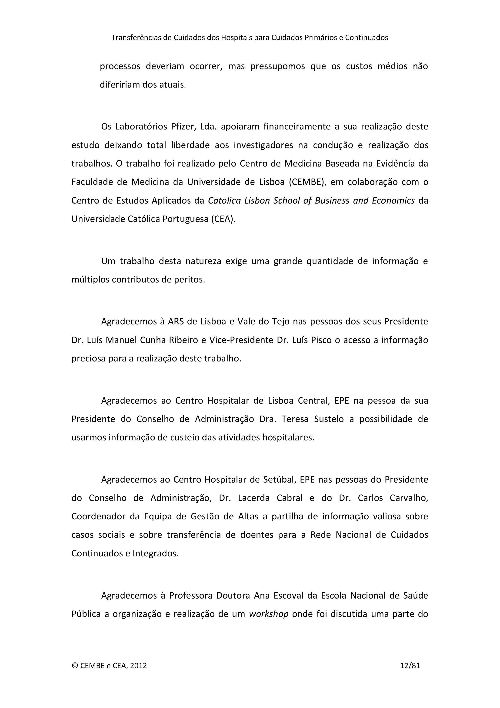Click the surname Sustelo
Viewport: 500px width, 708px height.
tap(329, 419)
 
